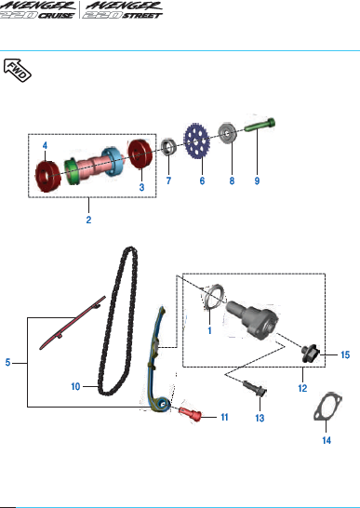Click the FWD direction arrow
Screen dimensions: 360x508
(17, 70)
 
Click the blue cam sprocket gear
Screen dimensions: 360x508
(196, 141)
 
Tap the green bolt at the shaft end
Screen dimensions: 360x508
(260, 126)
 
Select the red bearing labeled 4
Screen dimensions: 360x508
(47, 175)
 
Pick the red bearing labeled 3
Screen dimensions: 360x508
(140, 154)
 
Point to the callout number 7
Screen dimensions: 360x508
(168, 180)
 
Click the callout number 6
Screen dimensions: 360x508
(202, 180)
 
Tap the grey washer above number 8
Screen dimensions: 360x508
(228, 133)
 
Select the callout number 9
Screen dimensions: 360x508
(257, 180)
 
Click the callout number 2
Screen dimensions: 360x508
(88, 220)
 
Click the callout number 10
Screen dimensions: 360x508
(75, 386)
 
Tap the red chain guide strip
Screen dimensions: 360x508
(73, 323)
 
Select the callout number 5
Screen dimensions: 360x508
(8, 362)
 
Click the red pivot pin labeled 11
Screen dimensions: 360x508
(190, 413)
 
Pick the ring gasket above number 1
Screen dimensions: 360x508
(214, 297)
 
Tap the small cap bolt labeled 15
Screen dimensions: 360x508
(310, 354)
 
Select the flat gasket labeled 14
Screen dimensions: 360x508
(327, 407)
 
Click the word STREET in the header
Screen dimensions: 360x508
(142, 15)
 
